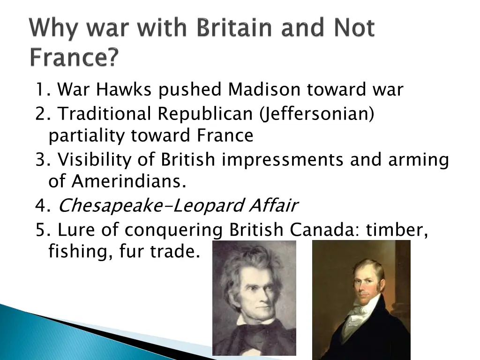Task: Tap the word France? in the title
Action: [x=74, y=59]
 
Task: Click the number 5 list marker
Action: [x=40, y=230]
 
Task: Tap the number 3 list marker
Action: [x=40, y=160]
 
